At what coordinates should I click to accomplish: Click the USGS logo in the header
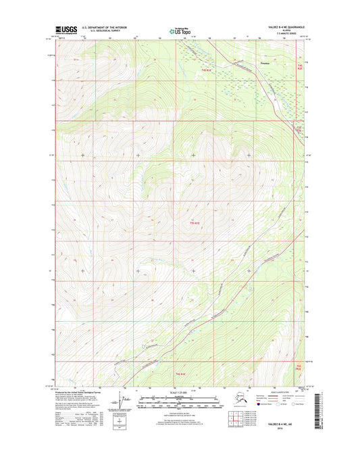click(63, 30)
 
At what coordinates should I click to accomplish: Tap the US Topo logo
click(179, 30)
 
